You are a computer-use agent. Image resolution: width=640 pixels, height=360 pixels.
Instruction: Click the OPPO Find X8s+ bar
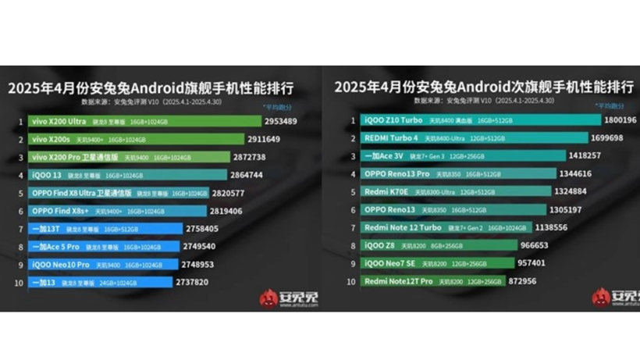(x=118, y=211)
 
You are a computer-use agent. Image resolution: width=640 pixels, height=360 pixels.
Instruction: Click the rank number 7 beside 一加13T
(x=19, y=229)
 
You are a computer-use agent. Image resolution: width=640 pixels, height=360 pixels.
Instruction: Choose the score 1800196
(x=621, y=120)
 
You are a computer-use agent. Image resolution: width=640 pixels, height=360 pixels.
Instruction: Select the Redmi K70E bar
(x=445, y=191)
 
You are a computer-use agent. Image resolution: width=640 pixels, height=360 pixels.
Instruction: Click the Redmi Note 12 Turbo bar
(x=445, y=227)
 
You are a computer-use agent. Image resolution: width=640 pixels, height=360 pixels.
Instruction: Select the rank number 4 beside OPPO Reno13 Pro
(x=353, y=173)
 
